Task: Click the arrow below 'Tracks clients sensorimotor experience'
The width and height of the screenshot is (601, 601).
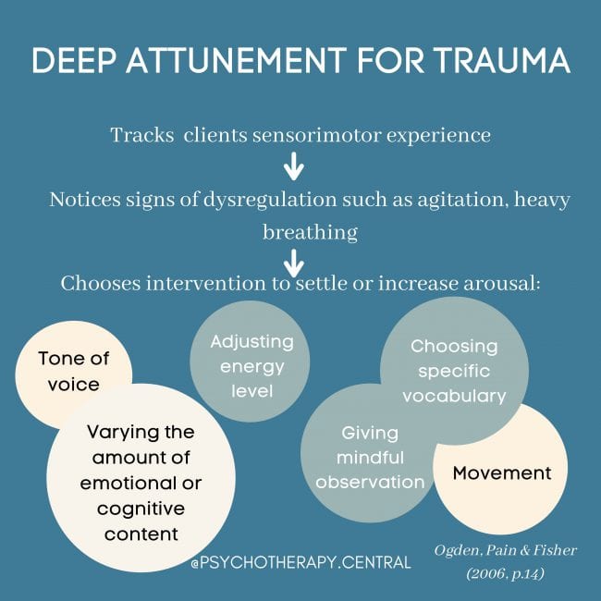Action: coord(293,166)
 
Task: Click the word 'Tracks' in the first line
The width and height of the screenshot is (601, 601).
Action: coord(141,135)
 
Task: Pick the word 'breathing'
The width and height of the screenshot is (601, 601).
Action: coord(309,232)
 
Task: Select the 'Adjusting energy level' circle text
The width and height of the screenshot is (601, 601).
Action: coord(251,366)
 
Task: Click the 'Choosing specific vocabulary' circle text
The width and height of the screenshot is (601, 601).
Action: coord(454,372)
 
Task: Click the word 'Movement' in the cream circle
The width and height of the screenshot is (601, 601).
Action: coord(501,473)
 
